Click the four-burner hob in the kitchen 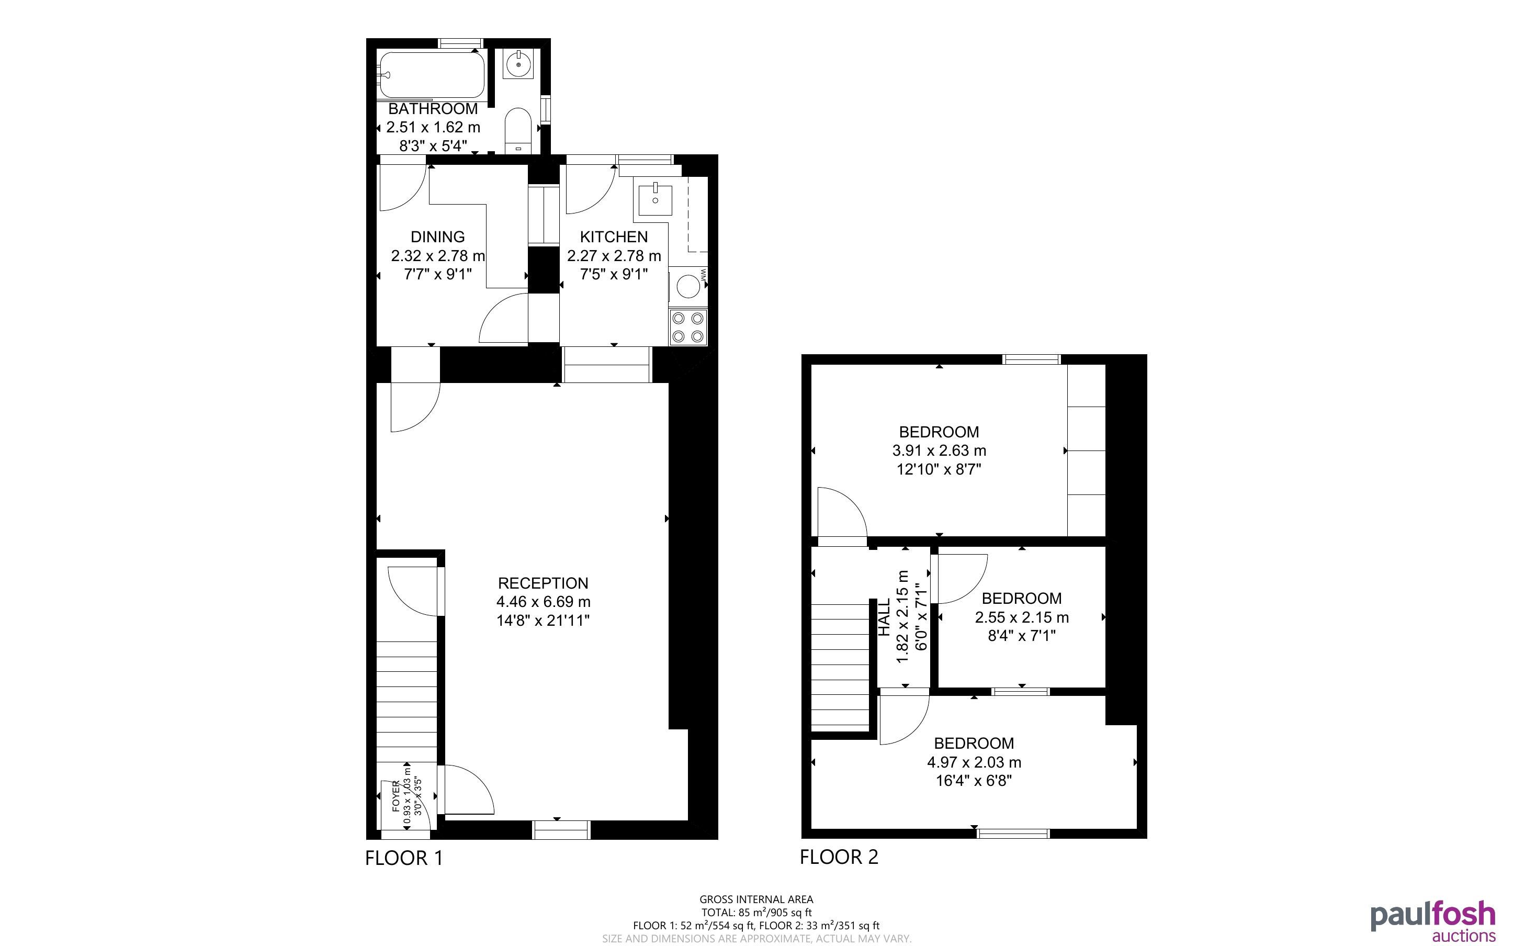pyautogui.click(x=688, y=327)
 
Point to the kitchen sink pyautogui.click(x=655, y=196)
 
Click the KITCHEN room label pyautogui.click(x=614, y=236)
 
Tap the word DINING pyautogui.click(x=438, y=236)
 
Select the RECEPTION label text pyautogui.click(x=543, y=583)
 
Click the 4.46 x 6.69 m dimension pyautogui.click(x=543, y=602)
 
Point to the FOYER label pyautogui.click(x=395, y=796)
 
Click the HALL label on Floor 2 pyautogui.click(x=884, y=617)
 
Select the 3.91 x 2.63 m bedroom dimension pyautogui.click(x=939, y=451)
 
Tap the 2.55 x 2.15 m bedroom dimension pyautogui.click(x=1021, y=617)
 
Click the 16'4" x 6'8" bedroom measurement pyautogui.click(x=974, y=781)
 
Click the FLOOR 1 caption pyautogui.click(x=404, y=858)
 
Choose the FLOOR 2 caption pyautogui.click(x=839, y=857)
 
